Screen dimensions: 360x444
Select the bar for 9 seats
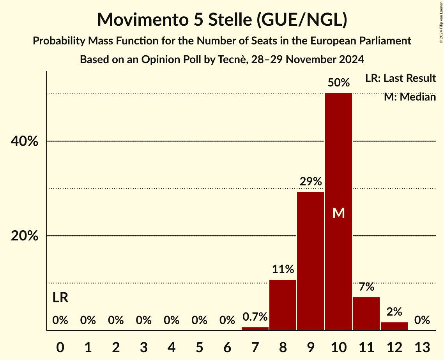point(310,261)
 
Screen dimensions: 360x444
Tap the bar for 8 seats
point(283,305)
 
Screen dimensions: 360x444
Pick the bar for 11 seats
point(366,314)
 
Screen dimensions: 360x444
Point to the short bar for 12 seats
point(394,326)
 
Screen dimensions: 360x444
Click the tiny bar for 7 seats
point(255,328)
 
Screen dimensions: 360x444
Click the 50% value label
point(338,83)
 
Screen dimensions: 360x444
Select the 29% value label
point(310,182)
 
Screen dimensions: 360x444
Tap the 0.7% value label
point(255,317)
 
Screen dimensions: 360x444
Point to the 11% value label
point(283,269)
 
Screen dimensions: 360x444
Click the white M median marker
point(338,213)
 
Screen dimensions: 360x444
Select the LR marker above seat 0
point(60,298)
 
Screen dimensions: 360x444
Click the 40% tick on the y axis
point(25,141)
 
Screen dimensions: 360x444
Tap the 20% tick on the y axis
point(25,236)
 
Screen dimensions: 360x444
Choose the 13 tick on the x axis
point(422,346)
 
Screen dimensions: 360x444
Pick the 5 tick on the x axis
point(199,346)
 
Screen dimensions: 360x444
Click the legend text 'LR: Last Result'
point(400,78)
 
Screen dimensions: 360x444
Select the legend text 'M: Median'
point(410,97)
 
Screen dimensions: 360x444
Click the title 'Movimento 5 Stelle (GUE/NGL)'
point(222,19)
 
